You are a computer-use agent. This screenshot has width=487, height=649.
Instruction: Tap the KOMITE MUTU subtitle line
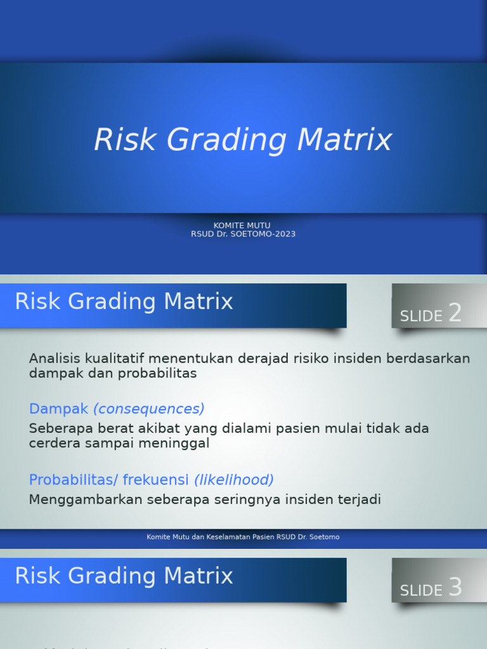point(242,225)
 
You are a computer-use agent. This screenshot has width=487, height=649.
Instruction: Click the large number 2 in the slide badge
point(455,313)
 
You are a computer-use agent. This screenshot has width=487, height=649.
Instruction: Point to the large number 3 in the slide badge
point(455,588)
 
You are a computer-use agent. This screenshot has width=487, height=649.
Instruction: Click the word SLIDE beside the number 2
point(421,316)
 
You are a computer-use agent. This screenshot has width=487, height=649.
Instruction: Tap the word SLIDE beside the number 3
point(421,591)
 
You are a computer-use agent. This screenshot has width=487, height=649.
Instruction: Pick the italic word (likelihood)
point(234,480)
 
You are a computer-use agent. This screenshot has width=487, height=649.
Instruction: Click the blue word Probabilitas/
point(74,480)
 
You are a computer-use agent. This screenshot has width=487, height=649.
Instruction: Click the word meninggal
point(179,444)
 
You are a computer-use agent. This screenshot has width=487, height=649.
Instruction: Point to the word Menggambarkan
point(86,499)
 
